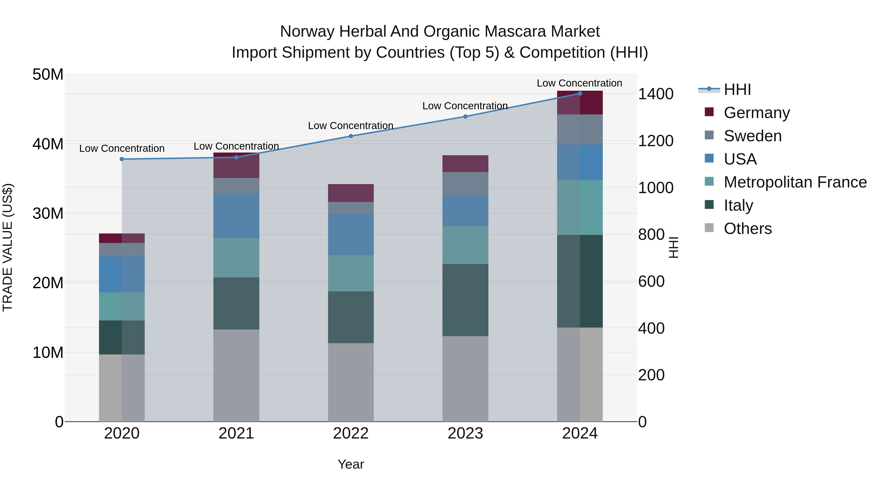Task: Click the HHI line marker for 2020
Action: (x=122, y=159)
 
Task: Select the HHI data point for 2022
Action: (x=351, y=136)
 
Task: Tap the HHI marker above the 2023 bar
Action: (x=465, y=117)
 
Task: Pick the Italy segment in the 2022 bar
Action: (x=351, y=317)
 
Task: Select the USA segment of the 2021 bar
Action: (x=236, y=216)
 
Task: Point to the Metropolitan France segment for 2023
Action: (x=465, y=245)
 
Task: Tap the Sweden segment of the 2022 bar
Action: (x=351, y=208)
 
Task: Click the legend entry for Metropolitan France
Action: (x=795, y=182)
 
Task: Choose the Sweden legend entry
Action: (x=753, y=136)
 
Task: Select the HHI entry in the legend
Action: (x=737, y=89)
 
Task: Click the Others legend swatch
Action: (x=709, y=228)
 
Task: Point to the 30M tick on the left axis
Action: (x=48, y=213)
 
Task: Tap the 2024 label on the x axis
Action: (x=580, y=433)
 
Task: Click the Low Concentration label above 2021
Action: (x=236, y=146)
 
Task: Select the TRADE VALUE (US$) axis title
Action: (x=8, y=247)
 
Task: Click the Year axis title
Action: (x=351, y=464)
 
